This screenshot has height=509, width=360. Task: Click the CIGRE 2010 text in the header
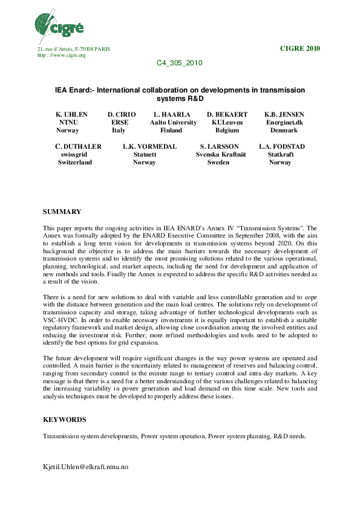coord(300,48)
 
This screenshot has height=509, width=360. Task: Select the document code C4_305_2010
coord(179,63)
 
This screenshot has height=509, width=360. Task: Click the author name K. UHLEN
coord(71,114)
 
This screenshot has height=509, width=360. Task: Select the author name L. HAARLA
coord(172,114)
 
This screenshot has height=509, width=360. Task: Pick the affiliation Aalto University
coord(173,122)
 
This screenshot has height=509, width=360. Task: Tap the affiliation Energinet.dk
coord(284,122)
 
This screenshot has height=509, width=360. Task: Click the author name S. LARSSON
coord(219,146)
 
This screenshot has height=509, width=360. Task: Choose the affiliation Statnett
coord(145,155)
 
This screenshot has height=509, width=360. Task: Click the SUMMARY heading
coord(62,212)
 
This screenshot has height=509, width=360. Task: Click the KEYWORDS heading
coord(64,419)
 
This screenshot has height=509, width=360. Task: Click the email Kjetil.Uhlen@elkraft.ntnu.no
coord(85,467)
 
